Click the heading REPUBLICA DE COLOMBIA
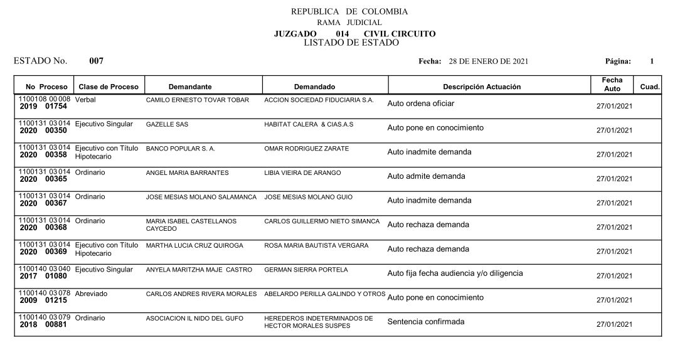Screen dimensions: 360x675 tap(349, 12)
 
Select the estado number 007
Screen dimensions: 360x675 tap(96, 61)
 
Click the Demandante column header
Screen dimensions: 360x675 tap(190, 87)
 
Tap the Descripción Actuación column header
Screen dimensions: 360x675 tap(481, 87)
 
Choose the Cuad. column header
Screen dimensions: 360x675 tap(649, 87)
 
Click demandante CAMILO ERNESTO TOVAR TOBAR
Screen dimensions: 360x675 tap(197, 100)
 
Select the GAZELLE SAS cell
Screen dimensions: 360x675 tap(167, 125)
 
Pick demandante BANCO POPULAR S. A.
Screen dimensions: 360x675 tap(180, 149)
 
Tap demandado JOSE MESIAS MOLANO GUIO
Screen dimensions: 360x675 tap(308, 197)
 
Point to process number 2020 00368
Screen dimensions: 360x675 tap(43, 228)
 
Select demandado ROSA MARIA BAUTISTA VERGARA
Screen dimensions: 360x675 tap(316, 246)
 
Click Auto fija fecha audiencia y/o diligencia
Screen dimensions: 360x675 tap(455, 273)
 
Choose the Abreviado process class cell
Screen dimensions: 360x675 tap(91, 294)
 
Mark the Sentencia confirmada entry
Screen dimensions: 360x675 tap(426, 322)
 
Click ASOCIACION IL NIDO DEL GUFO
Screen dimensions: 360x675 tap(194, 318)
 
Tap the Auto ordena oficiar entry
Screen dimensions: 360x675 tap(420, 103)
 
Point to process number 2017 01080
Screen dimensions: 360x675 tap(43, 276)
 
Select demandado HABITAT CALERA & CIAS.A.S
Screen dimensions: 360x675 tap(309, 125)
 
